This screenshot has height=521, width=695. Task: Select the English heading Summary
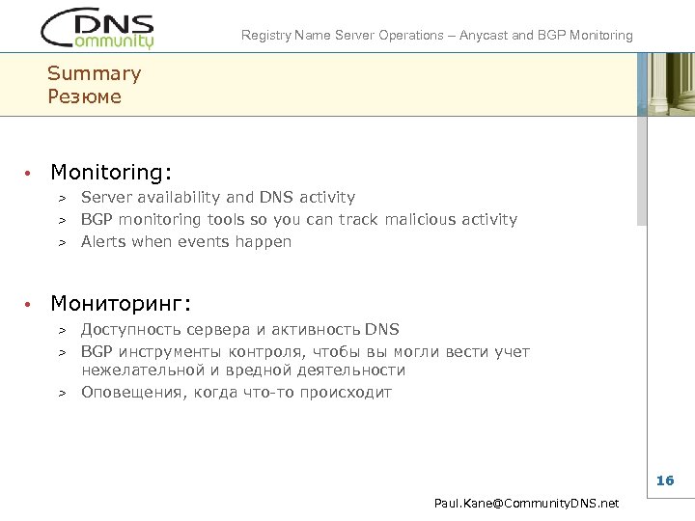[x=94, y=73]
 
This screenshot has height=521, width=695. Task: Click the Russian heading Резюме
[x=84, y=96]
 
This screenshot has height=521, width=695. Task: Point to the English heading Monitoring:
[x=111, y=173]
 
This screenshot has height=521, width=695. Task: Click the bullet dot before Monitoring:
[x=30, y=174]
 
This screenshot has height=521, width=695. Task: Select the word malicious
[x=418, y=219]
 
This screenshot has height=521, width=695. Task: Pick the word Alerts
[x=103, y=241]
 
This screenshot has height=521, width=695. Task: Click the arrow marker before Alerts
[x=60, y=242]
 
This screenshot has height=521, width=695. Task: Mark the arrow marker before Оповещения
[x=60, y=394]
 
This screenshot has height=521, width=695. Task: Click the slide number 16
[x=665, y=480]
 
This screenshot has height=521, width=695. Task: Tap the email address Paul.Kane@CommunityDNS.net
[x=526, y=504]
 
